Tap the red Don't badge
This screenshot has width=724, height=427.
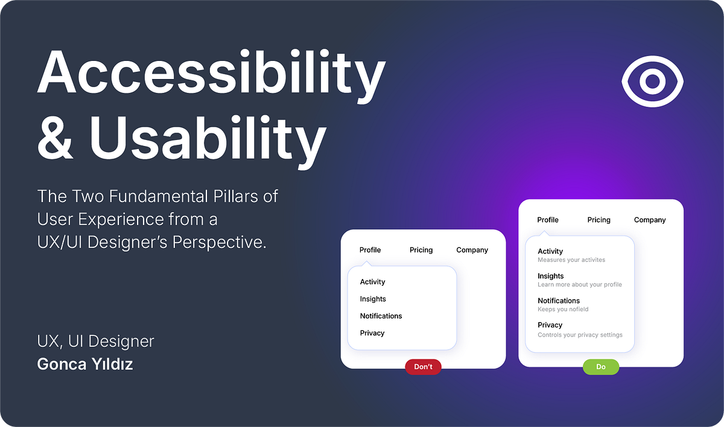tap(423, 367)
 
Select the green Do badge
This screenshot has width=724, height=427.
tap(601, 367)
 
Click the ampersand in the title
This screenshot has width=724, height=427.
tap(54, 138)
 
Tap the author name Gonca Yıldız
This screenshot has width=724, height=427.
tap(85, 364)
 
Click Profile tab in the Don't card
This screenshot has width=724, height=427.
tap(370, 250)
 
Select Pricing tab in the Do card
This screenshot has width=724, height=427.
tap(599, 220)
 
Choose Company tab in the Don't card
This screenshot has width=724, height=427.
tap(472, 250)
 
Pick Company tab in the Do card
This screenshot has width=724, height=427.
tap(650, 220)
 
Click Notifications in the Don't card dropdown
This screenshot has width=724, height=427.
tap(381, 316)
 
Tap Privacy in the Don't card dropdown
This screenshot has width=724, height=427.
tap(372, 333)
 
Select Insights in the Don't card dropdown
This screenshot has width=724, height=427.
tap(373, 299)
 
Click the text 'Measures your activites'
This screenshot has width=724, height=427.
tap(571, 260)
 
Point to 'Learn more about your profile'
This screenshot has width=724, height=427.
tap(580, 285)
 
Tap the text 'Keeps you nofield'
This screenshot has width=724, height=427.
tap(563, 309)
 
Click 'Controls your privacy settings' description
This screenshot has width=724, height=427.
tap(580, 335)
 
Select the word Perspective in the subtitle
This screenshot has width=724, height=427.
tap(219, 242)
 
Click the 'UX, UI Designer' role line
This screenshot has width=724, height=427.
tap(96, 341)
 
